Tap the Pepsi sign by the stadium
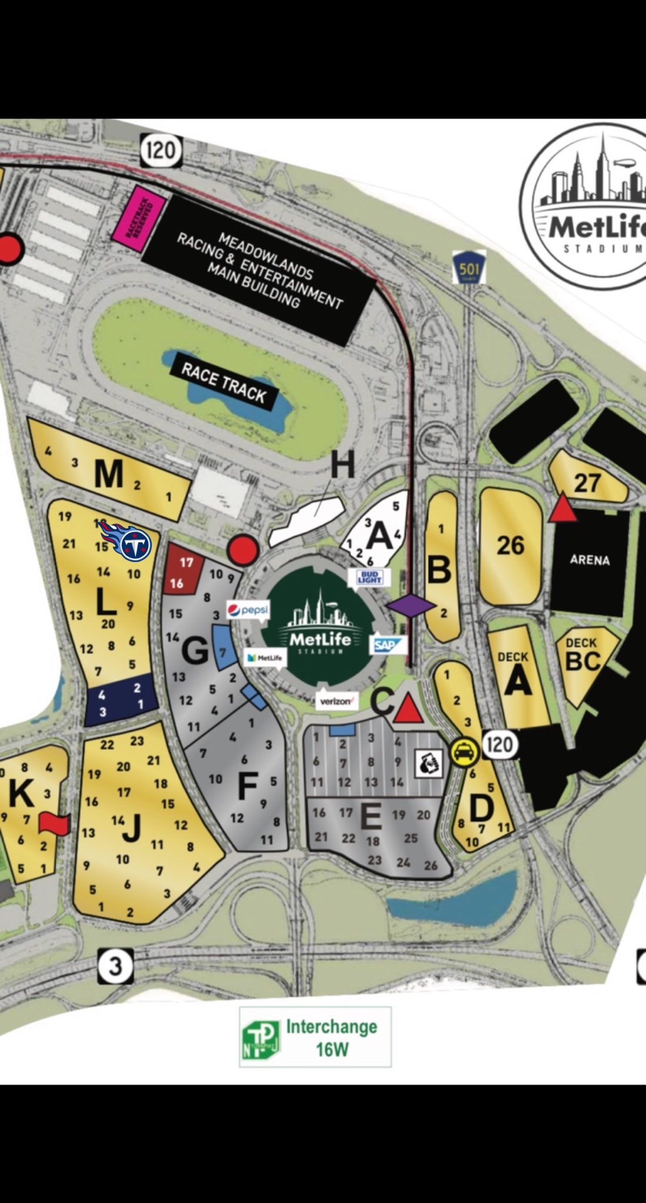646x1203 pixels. click(x=248, y=610)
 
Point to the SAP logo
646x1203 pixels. click(x=387, y=645)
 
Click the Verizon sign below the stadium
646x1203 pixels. click(x=337, y=701)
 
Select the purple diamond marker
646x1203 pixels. click(x=411, y=606)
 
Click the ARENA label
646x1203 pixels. click(x=590, y=560)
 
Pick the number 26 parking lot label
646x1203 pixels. click(x=510, y=546)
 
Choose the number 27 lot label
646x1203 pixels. click(x=587, y=483)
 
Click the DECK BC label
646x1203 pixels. click(x=583, y=654)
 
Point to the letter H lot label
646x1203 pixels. click(x=342, y=465)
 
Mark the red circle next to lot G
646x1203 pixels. click(x=243, y=550)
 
